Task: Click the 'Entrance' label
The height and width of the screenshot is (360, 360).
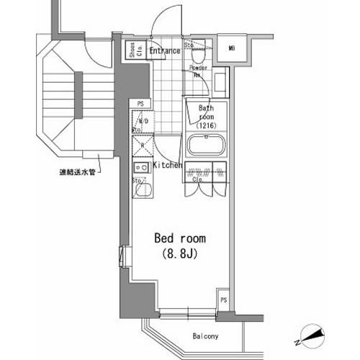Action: coord(165,51)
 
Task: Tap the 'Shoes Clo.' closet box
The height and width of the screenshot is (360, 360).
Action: coord(132,51)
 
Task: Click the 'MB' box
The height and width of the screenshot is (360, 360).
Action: coord(233,49)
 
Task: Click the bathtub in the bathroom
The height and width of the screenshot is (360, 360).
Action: coord(207,150)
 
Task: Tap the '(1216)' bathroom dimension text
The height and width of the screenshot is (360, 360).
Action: coord(207,125)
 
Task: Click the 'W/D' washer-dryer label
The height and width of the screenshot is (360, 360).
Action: coord(143,121)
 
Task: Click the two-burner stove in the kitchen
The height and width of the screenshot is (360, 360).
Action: coord(141,170)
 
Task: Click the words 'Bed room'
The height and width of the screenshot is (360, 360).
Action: coord(180,238)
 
